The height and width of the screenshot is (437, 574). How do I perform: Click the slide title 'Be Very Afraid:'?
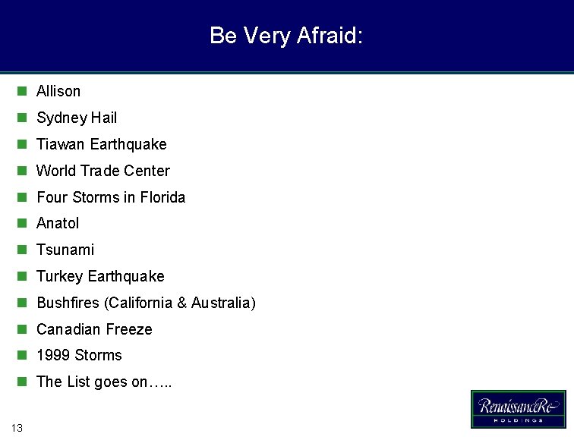(x=286, y=36)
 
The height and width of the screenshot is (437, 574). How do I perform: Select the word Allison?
(x=58, y=91)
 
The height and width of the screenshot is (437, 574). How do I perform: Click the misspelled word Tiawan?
(x=60, y=144)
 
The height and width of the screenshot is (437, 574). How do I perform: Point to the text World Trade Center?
(x=103, y=171)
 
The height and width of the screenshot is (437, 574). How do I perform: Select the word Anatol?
(x=58, y=223)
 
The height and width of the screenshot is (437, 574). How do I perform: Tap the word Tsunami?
(x=65, y=250)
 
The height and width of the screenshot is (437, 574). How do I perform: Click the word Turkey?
(x=59, y=276)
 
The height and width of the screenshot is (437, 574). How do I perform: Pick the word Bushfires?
(x=68, y=303)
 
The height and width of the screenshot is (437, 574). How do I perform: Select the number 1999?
(x=52, y=355)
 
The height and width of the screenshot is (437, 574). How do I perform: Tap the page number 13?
(x=17, y=428)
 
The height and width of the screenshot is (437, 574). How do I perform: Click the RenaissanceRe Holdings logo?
(x=518, y=409)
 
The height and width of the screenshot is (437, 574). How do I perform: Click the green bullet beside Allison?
(x=22, y=91)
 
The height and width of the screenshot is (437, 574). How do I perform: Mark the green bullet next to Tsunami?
(x=22, y=250)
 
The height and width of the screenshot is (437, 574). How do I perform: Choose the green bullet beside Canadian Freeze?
(x=22, y=329)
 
